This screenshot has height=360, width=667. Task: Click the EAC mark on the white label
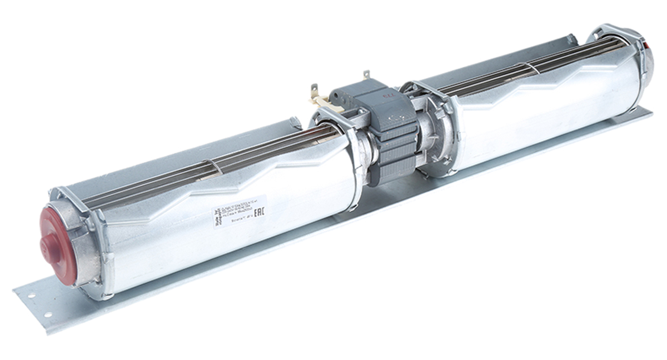260,213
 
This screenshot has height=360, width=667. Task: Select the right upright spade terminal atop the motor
366,75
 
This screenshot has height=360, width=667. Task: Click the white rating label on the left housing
239,211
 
